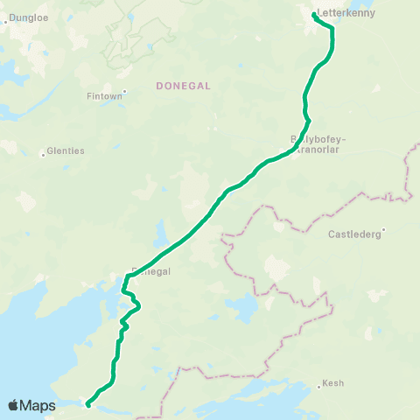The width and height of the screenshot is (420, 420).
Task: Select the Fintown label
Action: pyautogui.click(x=106, y=95)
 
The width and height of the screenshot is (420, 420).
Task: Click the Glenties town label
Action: pyautogui.click(x=66, y=150)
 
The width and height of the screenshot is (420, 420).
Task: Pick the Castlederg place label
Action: pyautogui.click(x=354, y=234)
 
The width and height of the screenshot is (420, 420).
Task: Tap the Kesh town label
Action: pyautogui.click(x=333, y=383)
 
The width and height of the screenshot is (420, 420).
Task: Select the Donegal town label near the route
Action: pyautogui.click(x=150, y=271)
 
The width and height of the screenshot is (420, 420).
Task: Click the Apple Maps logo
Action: pyautogui.click(x=31, y=405)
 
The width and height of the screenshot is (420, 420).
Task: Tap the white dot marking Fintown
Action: pyautogui.click(x=124, y=90)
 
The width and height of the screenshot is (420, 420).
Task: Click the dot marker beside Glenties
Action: pyautogui.click(x=43, y=155)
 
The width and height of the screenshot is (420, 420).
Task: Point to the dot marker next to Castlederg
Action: pyautogui.click(x=383, y=231)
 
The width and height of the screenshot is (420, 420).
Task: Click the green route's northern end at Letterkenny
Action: pyautogui.click(x=314, y=15)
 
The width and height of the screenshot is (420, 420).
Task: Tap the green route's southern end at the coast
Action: pyautogui.click(x=88, y=404)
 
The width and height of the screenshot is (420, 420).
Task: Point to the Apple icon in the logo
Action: pyautogui.click(x=13, y=405)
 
